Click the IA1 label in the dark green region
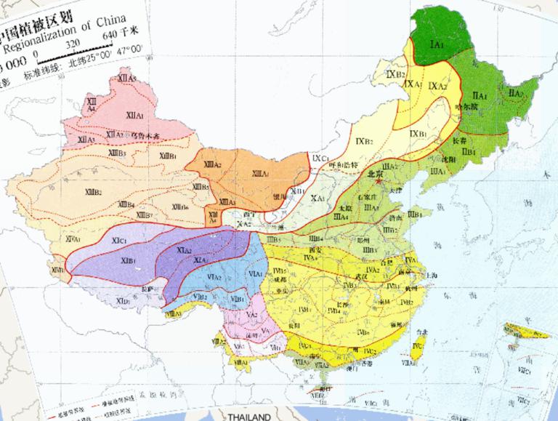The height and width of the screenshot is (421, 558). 437,45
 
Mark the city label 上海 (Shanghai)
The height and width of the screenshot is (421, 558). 432,276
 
